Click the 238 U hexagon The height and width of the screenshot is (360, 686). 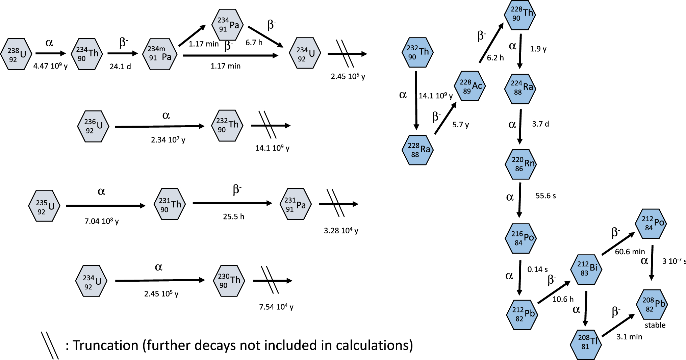(16, 54)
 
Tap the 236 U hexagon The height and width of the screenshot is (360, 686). (93, 126)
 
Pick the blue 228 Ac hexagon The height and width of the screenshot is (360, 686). (470, 86)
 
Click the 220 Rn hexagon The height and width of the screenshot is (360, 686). (520, 164)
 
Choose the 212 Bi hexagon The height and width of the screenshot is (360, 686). (586, 269)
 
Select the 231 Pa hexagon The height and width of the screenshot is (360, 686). (296, 204)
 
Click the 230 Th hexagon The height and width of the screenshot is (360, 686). (229, 281)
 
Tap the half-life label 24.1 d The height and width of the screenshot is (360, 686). (120, 67)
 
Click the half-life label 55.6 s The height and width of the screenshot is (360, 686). (545, 196)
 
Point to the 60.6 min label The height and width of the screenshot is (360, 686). (630, 252)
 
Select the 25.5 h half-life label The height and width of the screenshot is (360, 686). (233, 216)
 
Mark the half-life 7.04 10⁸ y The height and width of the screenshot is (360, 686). (102, 221)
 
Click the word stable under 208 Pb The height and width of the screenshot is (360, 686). (655, 325)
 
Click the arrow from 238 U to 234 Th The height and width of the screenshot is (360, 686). (50, 53)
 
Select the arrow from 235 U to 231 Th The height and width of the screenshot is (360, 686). (105, 206)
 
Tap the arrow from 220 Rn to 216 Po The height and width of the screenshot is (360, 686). (520, 200)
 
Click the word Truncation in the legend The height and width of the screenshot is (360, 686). (105, 345)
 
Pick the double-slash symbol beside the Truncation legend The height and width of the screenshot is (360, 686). (50, 345)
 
